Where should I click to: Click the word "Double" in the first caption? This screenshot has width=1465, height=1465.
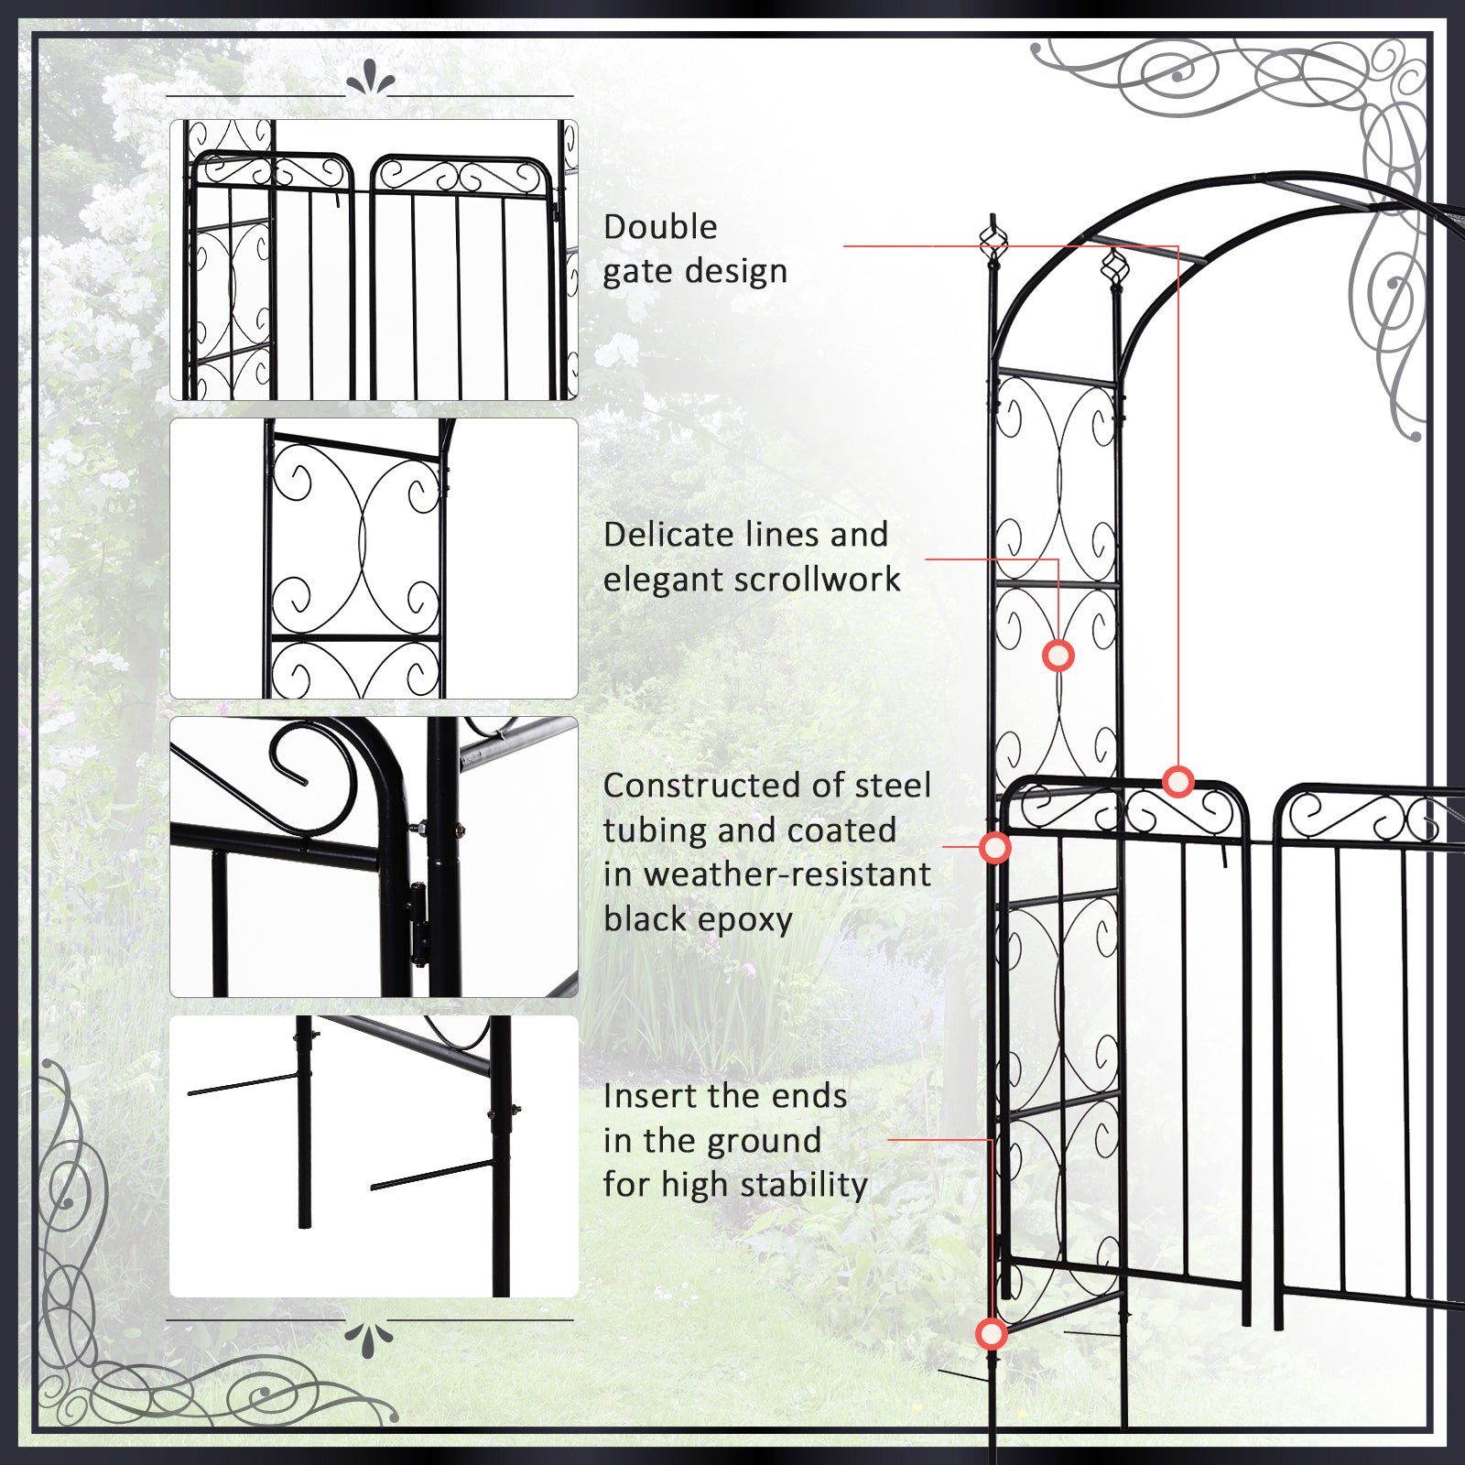point(660,227)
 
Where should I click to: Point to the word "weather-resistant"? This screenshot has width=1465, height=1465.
point(787,874)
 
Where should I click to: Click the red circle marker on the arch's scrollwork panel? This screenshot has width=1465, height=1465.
point(1058,656)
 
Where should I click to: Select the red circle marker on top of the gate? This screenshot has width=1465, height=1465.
point(1178,781)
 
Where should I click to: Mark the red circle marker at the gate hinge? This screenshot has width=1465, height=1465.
point(995,848)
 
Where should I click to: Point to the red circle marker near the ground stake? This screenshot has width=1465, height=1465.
point(991,1334)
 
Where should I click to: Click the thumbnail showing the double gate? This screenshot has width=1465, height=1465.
point(374,260)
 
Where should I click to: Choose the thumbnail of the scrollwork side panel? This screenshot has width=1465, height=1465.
point(374,559)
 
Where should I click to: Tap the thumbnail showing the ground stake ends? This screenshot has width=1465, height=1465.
point(374,1156)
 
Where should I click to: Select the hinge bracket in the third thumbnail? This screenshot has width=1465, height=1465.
point(418,925)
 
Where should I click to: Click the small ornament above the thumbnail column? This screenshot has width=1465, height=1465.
point(370,81)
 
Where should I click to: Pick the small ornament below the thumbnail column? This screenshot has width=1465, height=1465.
point(369,1339)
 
